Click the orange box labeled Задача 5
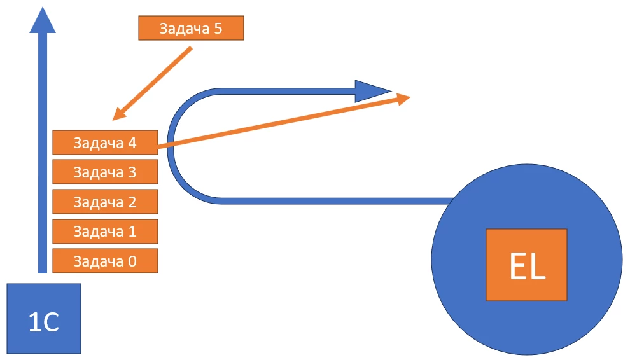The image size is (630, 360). click(190, 29)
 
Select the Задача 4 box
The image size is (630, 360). click(104, 142)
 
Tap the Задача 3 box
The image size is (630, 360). click(104, 172)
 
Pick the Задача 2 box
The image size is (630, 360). click(104, 202)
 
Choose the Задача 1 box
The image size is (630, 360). click(104, 231)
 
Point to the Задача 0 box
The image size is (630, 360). click(104, 261)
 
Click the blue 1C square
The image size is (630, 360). click(44, 319)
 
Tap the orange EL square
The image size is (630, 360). click(526, 265)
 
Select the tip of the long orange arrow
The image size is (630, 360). click(407, 97)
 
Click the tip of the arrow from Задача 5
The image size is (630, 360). click(115, 118)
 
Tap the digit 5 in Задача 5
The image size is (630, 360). click(218, 29)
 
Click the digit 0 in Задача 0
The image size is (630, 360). click(132, 261)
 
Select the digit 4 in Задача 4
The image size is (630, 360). click(132, 142)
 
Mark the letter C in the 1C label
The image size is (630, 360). click(52, 323)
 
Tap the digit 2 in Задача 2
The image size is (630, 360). click(132, 202)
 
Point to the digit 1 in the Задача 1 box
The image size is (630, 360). click(132, 231)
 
